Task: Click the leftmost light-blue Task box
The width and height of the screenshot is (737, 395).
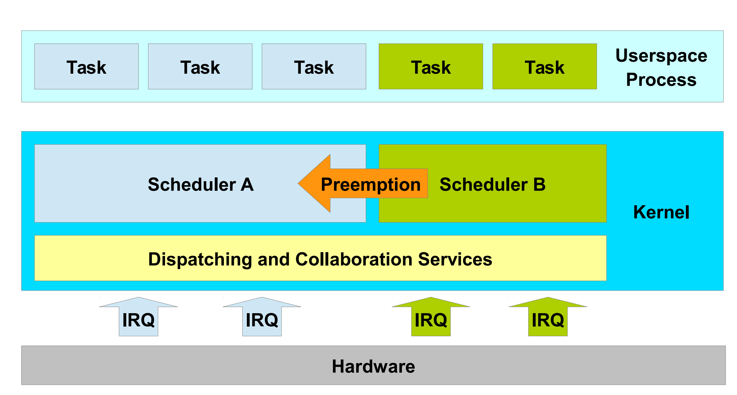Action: [x=86, y=67]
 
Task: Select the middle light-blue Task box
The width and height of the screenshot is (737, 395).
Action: [x=200, y=67]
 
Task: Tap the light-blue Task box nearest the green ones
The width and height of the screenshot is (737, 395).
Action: [x=314, y=67]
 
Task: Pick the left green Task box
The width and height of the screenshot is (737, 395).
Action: [x=431, y=67]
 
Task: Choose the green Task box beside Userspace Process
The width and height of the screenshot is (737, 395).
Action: [x=544, y=67]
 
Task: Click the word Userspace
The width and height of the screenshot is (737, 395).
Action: [x=661, y=56]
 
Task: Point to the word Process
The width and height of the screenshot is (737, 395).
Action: [x=661, y=80]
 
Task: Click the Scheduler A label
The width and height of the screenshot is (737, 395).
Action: [x=201, y=184]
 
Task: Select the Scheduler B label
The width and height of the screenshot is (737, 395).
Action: [x=492, y=184]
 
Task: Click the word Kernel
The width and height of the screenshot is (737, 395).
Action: [x=661, y=212]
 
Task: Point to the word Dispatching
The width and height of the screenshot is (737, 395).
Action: [x=200, y=259]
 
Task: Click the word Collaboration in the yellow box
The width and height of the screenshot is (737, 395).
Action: [x=354, y=259]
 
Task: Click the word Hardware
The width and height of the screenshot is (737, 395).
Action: [x=373, y=366]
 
